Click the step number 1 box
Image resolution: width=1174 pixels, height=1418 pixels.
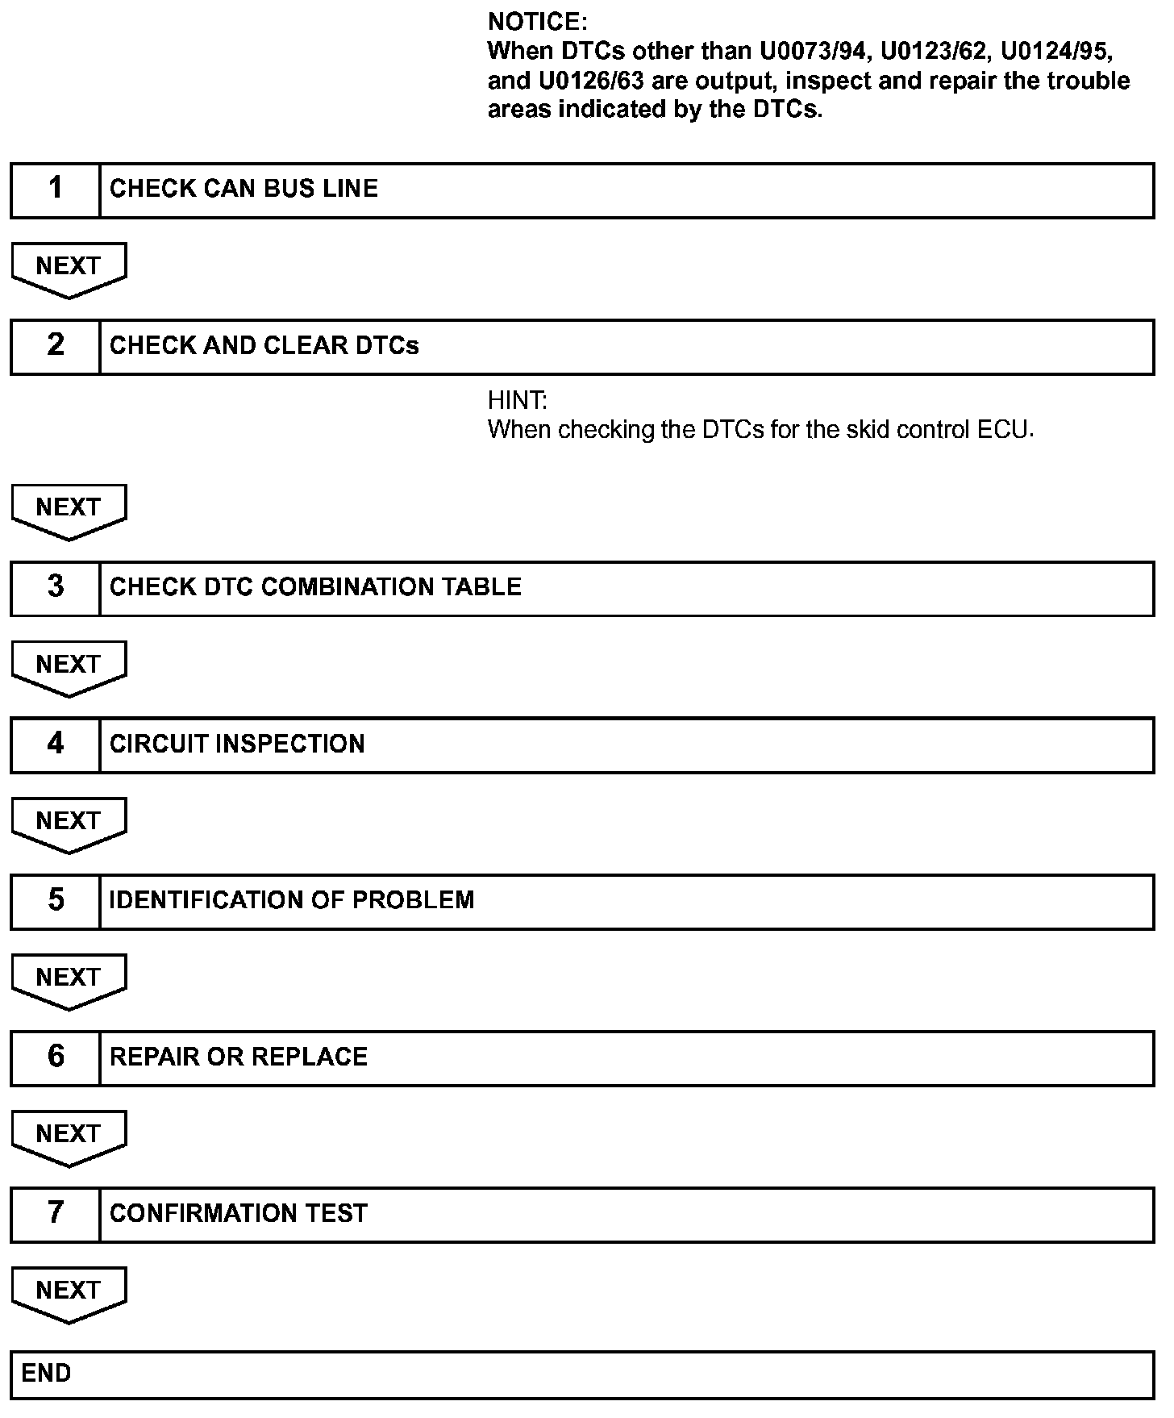tap(55, 190)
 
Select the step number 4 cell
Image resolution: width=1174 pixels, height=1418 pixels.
tap(55, 744)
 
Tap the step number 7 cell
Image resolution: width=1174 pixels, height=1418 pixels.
tap(55, 1214)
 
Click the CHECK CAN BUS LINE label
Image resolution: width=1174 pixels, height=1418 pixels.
tap(244, 190)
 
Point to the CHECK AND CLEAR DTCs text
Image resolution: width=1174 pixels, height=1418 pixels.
tap(264, 346)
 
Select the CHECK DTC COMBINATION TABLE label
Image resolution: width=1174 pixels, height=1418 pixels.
tap(315, 587)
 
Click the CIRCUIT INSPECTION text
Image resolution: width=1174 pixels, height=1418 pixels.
tap(237, 744)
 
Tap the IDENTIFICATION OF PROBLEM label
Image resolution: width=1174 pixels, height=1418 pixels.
tap(292, 901)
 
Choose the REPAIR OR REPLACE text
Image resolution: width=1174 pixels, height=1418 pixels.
tap(239, 1057)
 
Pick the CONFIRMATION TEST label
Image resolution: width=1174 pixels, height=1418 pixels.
tap(239, 1214)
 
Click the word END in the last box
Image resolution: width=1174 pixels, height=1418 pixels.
tap(46, 1374)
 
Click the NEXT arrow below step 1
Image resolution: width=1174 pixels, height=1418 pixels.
tap(69, 268)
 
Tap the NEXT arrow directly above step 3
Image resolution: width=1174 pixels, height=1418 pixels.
tap(69, 509)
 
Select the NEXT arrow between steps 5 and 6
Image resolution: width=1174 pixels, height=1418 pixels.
tap(69, 979)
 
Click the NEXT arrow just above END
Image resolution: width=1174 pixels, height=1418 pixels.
tap(69, 1292)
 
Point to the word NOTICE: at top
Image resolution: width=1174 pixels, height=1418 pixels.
tap(538, 22)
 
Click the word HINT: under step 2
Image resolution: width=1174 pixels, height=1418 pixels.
tap(517, 400)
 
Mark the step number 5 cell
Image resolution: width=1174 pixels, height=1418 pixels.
tap(55, 901)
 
